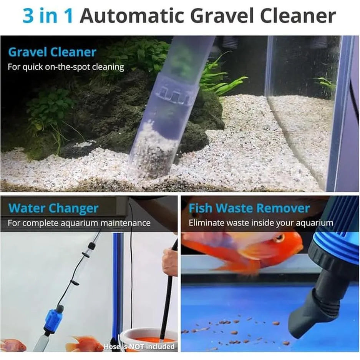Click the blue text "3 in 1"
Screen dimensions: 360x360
coord(48,16)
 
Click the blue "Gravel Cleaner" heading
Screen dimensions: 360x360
coord(52,52)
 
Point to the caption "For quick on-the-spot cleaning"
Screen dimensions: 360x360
coord(66,67)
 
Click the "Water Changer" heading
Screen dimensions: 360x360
coord(53,208)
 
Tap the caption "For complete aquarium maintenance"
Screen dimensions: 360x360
coord(79,223)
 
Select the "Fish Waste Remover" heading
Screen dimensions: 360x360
coord(249,208)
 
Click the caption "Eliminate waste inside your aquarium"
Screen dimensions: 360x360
coord(261,223)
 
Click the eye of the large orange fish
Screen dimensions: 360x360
coord(280,238)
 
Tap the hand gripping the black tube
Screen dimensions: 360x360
coord(170,261)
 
